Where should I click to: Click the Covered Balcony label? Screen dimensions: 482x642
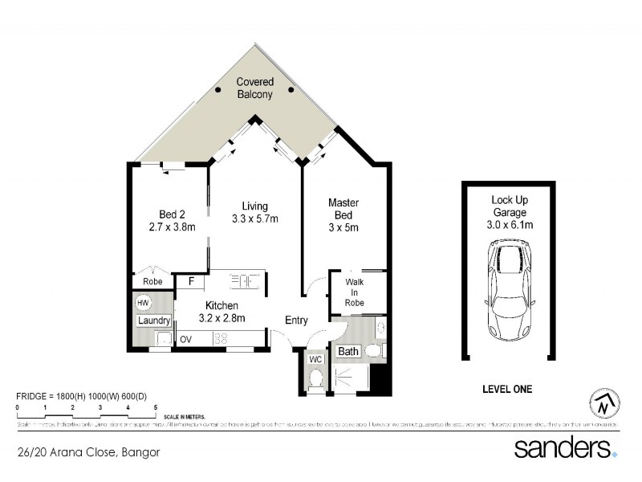coord(254,88)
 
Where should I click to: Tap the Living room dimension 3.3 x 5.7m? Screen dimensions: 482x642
coord(254,219)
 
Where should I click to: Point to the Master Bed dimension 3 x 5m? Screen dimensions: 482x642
coord(343,227)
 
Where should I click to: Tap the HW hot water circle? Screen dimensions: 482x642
coord(144,303)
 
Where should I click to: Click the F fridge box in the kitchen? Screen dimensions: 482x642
coord(191,281)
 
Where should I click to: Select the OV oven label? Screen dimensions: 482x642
coord(185,339)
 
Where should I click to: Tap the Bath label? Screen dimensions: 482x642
coord(348,352)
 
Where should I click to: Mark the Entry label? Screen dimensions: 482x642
coord(296,321)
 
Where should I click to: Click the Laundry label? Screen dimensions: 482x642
coord(152,321)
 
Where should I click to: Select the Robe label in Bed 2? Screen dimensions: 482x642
coord(152,282)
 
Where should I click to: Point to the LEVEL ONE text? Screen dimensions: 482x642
coord(506,390)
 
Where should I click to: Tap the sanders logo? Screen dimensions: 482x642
coord(565,447)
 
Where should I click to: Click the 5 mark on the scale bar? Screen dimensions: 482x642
coord(155,409)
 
